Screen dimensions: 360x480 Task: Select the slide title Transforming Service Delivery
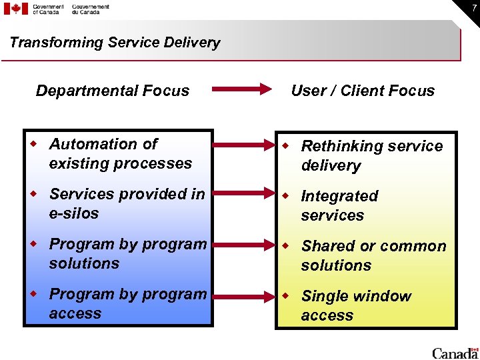click(115, 43)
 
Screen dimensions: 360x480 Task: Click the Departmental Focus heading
click(113, 91)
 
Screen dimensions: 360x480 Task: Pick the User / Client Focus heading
click(363, 91)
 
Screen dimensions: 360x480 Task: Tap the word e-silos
click(73, 213)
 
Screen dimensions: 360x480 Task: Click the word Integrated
click(339, 196)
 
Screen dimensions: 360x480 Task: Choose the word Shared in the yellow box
click(328, 246)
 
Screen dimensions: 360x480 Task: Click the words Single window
click(356, 296)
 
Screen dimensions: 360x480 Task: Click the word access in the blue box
click(75, 313)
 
